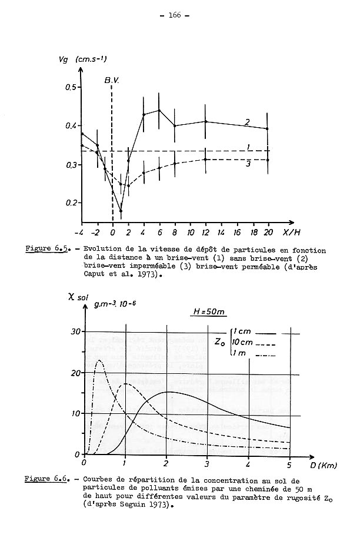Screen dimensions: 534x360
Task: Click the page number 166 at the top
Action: [x=179, y=16]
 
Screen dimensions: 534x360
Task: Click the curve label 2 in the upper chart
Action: [x=248, y=122]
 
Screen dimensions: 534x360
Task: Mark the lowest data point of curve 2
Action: [x=121, y=211]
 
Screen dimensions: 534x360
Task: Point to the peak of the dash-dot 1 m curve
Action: [x=99, y=360]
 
